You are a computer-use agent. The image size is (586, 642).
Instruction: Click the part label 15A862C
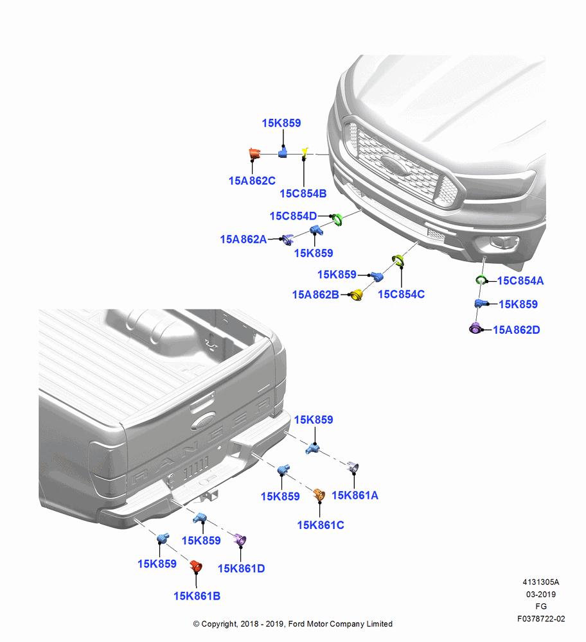tap(252, 180)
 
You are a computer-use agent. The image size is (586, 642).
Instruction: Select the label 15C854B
tap(303, 193)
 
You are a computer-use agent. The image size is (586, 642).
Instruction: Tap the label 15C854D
tap(293, 216)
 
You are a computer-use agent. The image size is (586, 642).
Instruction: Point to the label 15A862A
tap(244, 239)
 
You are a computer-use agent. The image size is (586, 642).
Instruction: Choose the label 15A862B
tap(315, 295)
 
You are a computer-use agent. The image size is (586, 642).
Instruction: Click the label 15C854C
tap(401, 294)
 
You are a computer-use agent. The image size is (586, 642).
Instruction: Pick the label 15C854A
tap(520, 281)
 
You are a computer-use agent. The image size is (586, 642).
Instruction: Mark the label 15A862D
tap(517, 329)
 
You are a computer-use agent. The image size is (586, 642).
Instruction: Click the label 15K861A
tap(355, 496)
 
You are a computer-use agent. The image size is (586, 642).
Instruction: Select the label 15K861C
tap(321, 525)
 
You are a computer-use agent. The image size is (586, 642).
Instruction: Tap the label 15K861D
tap(242, 568)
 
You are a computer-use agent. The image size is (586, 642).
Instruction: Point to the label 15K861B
tap(197, 596)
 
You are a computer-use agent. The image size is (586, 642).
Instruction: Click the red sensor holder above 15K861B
tap(196, 566)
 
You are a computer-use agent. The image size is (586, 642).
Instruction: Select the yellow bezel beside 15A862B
tap(357, 295)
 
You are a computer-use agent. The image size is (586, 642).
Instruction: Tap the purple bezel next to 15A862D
tap(475, 328)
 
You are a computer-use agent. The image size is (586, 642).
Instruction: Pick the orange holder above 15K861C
tap(319, 494)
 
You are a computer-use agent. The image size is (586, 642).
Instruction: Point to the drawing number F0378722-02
tap(541, 619)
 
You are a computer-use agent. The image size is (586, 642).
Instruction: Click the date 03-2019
tap(541, 594)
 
